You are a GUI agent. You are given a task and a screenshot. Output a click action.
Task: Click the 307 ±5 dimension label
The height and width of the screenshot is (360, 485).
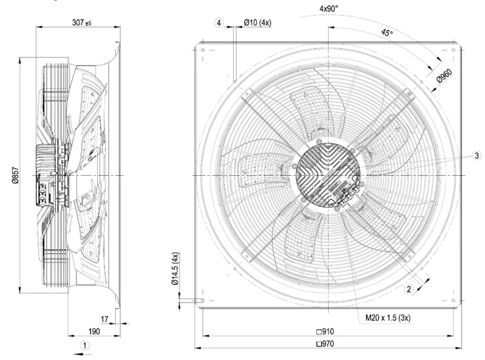click(82, 22)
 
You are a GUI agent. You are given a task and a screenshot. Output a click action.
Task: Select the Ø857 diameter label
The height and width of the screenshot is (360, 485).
click(16, 175)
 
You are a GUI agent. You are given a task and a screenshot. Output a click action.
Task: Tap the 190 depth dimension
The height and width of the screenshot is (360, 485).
click(94, 332)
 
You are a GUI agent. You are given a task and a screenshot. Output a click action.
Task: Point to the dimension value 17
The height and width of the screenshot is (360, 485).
click(104, 319)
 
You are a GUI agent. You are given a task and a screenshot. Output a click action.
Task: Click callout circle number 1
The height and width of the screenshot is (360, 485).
click(85, 345)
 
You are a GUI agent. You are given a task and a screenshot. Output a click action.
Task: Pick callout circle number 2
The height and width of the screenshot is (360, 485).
click(409, 289)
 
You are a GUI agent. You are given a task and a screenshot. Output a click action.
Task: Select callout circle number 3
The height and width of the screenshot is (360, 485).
click(477, 156)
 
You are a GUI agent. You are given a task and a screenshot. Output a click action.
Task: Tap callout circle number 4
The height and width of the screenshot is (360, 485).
click(219, 23)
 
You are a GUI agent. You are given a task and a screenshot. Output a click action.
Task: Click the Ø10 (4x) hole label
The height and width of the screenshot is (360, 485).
click(257, 22)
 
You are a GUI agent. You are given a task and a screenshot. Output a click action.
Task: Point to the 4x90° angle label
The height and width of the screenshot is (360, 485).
click(329, 8)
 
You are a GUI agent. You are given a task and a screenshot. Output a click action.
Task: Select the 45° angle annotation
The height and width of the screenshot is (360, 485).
click(387, 32)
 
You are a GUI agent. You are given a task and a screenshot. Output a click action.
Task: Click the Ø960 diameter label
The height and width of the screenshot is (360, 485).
click(444, 76)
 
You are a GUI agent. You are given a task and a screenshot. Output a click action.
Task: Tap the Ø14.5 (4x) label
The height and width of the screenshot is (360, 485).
click(175, 268)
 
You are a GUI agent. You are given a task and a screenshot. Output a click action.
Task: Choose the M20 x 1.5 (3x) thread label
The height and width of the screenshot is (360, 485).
click(388, 318)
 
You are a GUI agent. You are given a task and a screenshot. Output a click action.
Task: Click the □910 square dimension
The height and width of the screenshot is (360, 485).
click(325, 332)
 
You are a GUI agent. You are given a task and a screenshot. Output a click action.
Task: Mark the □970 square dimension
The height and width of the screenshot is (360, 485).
click(325, 344)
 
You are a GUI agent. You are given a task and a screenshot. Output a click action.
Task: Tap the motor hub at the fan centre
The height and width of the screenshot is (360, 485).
click(329, 175)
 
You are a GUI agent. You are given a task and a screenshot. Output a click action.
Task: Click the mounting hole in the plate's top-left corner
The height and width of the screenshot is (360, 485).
click(203, 50)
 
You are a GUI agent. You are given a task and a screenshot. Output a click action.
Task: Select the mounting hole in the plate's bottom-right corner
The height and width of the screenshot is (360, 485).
click(453, 301)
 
